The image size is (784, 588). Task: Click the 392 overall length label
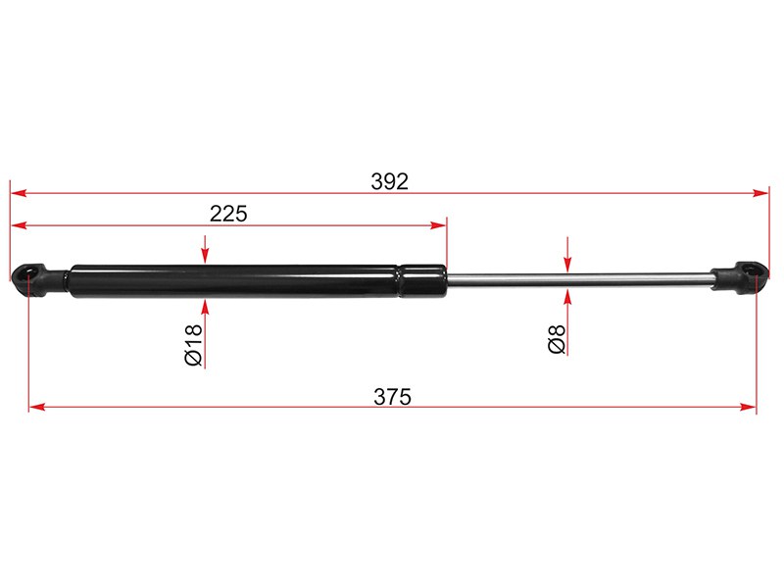point(389,181)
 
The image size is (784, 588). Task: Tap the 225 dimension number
point(228,214)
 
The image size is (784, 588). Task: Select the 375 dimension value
point(393,397)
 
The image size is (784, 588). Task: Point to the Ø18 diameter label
point(194,345)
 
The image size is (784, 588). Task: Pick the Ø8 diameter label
point(557,339)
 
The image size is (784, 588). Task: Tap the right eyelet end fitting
point(740,278)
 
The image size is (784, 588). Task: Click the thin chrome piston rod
point(579,280)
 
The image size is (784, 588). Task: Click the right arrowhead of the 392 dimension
point(761,193)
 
